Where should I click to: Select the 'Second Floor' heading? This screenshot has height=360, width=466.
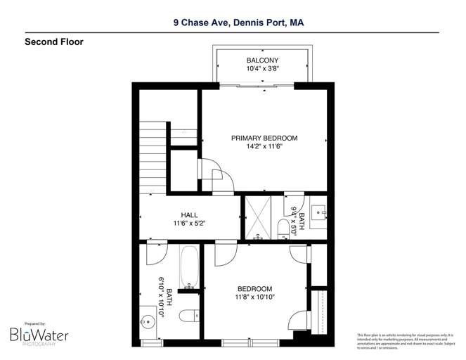click(54, 42)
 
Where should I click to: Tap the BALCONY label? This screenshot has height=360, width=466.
click(262, 60)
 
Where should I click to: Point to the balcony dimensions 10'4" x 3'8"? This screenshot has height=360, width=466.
click(262, 69)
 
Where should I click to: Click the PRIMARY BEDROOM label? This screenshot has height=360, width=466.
click(264, 138)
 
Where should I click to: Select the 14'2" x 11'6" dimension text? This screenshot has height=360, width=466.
click(264, 148)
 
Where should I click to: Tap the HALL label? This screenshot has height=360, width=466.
click(190, 215)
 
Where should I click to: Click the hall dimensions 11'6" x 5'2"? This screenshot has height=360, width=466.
click(190, 224)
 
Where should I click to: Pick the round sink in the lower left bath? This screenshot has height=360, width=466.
click(148, 323)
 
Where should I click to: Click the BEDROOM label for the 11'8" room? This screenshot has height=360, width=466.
click(254, 289)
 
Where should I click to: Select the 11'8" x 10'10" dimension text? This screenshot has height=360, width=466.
click(254, 297)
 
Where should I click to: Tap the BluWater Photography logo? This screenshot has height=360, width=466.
click(39, 333)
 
